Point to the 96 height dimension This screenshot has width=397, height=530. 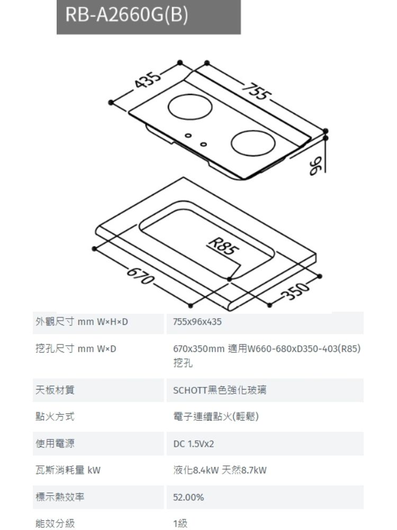click(x=316, y=165)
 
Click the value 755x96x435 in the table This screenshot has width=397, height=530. click(x=196, y=323)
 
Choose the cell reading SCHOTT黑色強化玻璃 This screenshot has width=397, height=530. click(x=220, y=391)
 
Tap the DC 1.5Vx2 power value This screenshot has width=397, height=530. click(x=193, y=443)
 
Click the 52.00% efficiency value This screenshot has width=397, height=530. click(x=188, y=498)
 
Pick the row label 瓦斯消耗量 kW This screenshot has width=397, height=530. click(x=64, y=470)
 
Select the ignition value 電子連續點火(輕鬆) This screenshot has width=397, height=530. click(x=216, y=417)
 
